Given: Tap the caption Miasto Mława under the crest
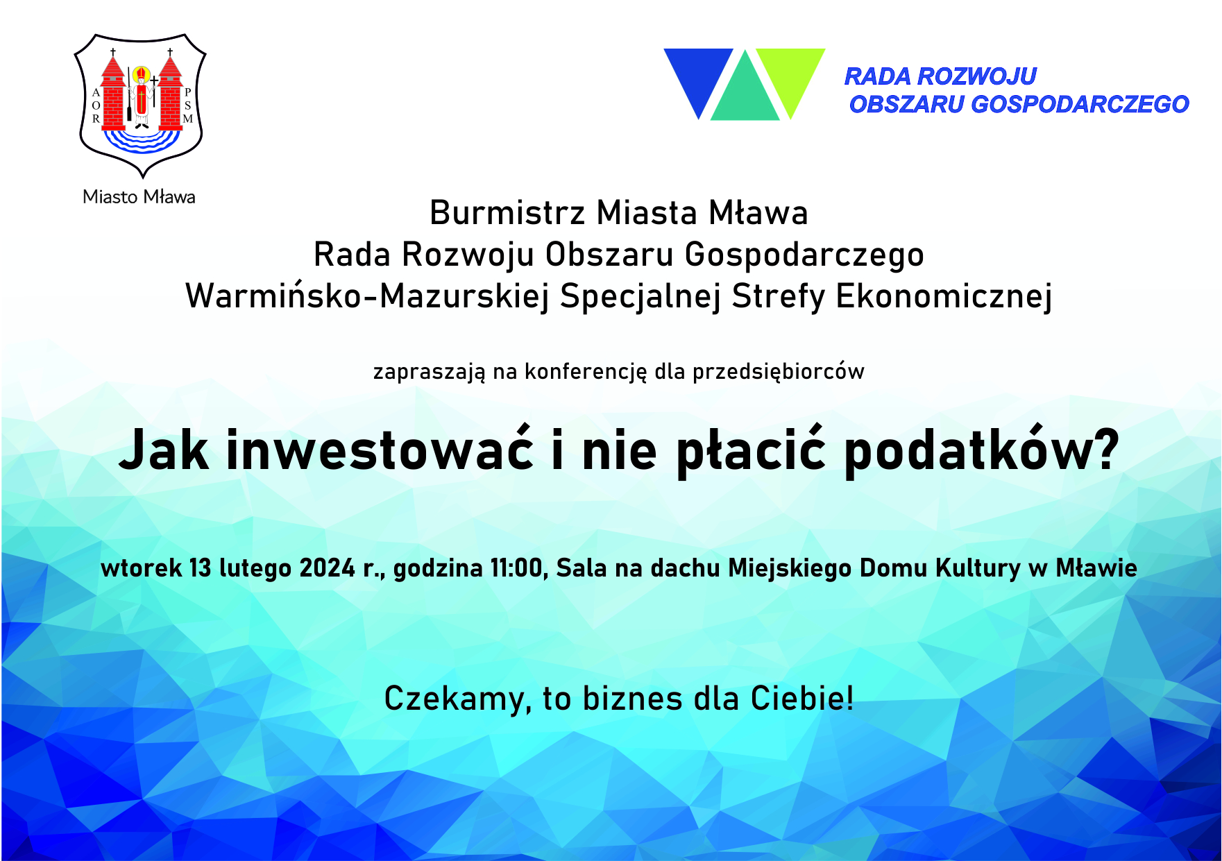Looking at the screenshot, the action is point(139,197).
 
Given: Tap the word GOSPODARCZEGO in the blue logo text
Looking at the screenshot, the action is point(1080,104).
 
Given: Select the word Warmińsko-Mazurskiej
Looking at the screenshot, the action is point(367,296).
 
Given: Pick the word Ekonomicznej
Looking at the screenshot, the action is point(944,296).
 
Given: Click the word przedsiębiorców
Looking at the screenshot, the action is point(779,372).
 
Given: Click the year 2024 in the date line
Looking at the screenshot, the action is point(328,568).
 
